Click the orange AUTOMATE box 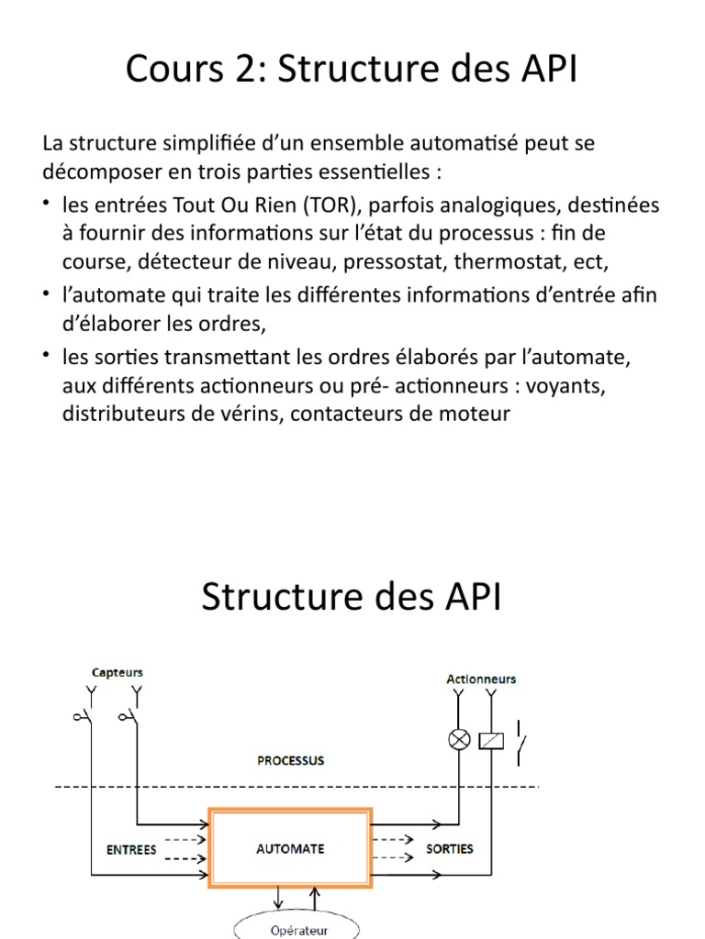(x=290, y=849)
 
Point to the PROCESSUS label (x=290, y=760)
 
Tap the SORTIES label (x=450, y=849)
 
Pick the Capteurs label (x=117, y=672)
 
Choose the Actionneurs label (x=481, y=679)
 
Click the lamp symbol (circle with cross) (x=458, y=739)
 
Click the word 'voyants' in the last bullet (x=571, y=385)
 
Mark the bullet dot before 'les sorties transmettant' (x=47, y=353)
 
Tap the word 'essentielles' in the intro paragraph (x=376, y=172)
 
